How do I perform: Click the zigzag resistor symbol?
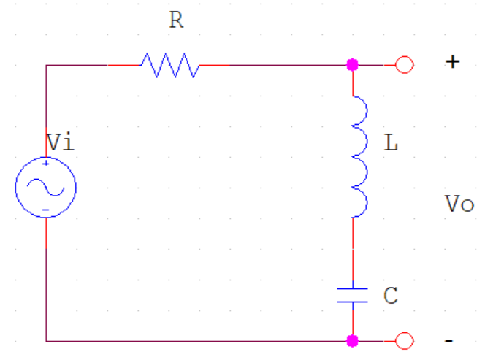169,65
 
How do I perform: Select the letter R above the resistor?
175,20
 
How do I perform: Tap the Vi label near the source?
59,143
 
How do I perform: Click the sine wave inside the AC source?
45,187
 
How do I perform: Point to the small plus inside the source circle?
45,164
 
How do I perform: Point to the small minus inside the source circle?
45,210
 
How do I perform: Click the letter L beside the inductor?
392,144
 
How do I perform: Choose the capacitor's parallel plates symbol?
353,295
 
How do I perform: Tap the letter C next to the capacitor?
391,296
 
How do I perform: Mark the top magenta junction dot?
353,65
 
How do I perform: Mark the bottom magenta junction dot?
353,341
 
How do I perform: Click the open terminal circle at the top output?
404,65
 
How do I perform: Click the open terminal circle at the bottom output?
404,341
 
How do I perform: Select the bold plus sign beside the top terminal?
453,63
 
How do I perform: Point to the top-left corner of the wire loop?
46,65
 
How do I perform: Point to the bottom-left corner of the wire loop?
46,341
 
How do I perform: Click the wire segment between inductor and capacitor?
353,248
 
